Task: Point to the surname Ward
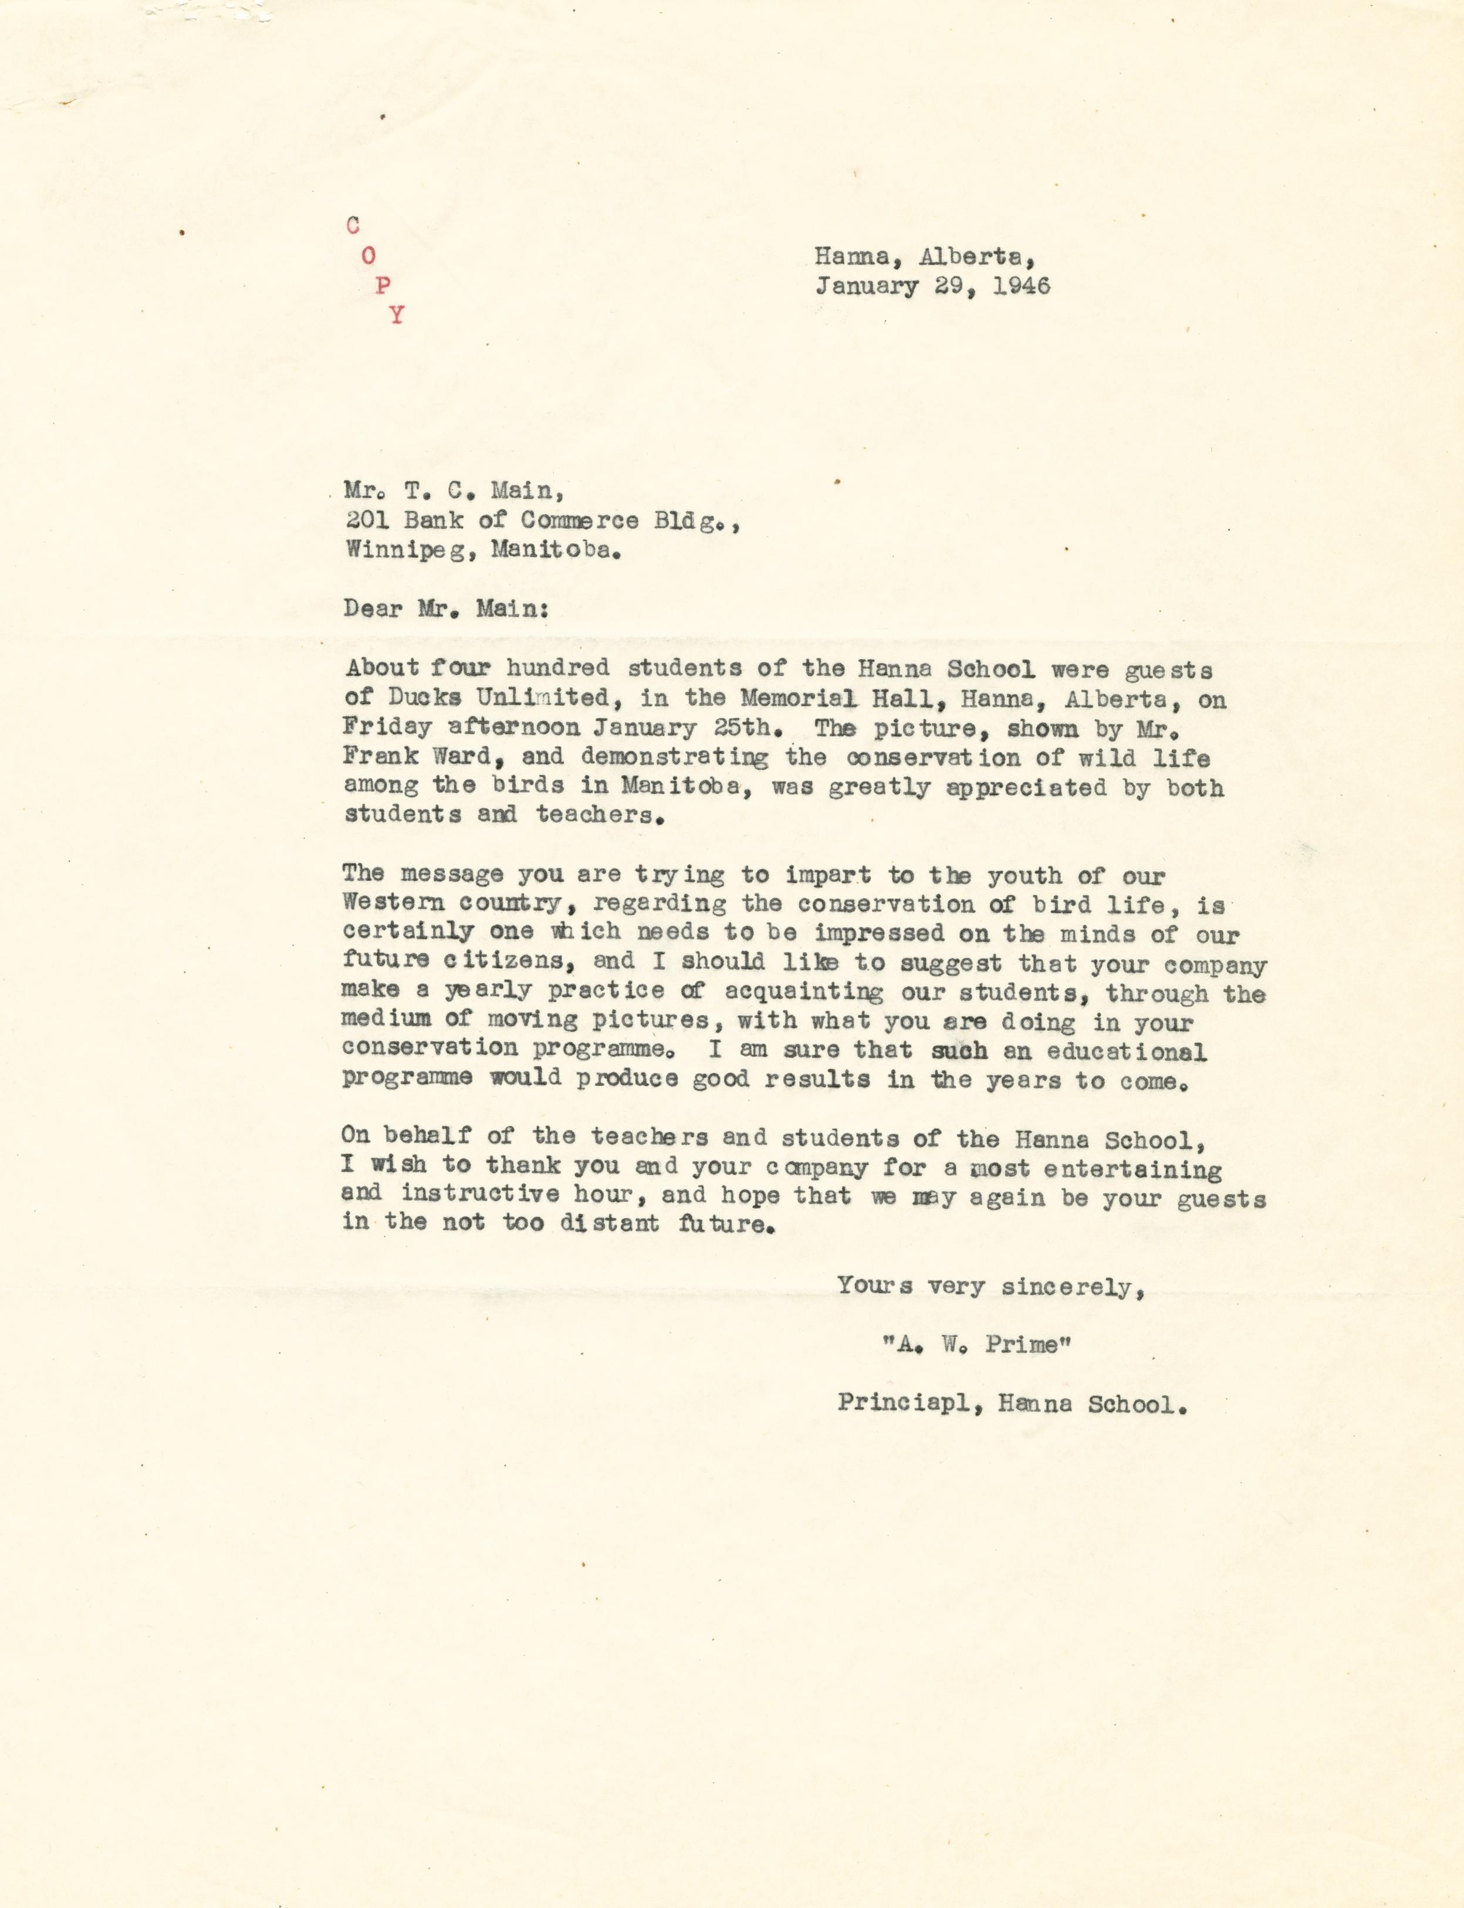pos(469,756)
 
